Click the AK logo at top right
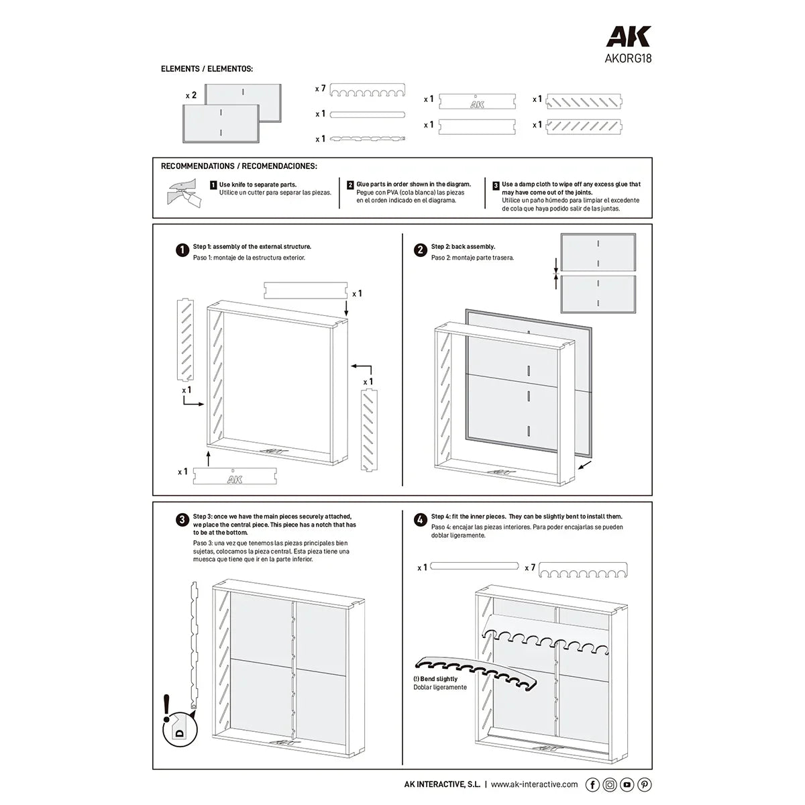click(x=628, y=36)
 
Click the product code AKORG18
click(x=628, y=58)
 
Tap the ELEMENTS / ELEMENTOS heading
click(x=207, y=69)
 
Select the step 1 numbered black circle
click(x=182, y=250)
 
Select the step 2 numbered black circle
click(x=420, y=250)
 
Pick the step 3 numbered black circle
click(x=182, y=520)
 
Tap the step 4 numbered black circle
click(x=420, y=520)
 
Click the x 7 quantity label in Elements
click(x=320, y=89)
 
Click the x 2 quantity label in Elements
click(x=191, y=95)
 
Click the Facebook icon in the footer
click(x=592, y=784)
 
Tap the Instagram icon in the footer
click(x=610, y=784)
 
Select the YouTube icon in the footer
click(x=627, y=784)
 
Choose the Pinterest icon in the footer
click(x=644, y=784)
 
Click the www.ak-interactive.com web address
click(x=535, y=784)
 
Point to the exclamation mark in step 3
click(x=166, y=708)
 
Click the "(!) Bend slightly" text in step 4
click(x=435, y=679)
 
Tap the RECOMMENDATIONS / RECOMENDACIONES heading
click(x=239, y=166)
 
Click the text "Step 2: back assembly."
click(x=463, y=247)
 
